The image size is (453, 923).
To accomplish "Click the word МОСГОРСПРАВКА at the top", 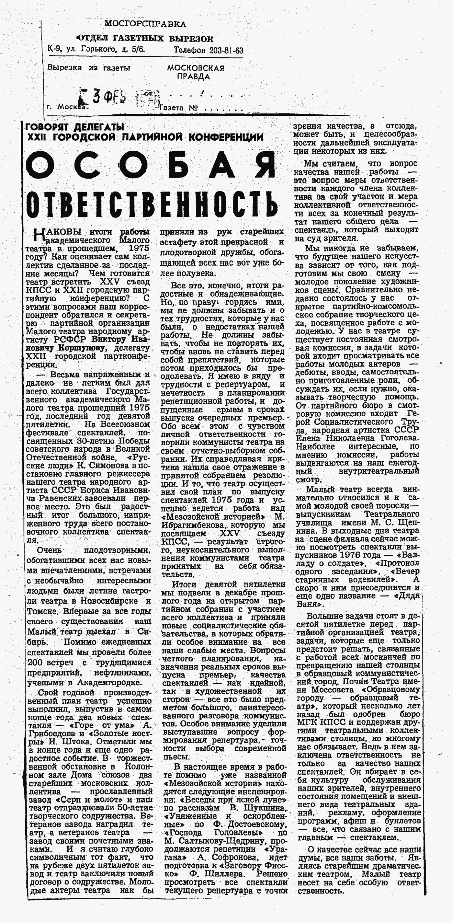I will pos(145,24).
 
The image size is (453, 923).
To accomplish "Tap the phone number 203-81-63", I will pos(226,50).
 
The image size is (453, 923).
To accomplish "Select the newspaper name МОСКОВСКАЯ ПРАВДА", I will pos(195,72).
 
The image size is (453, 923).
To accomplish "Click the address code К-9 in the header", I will pos(54,49).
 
